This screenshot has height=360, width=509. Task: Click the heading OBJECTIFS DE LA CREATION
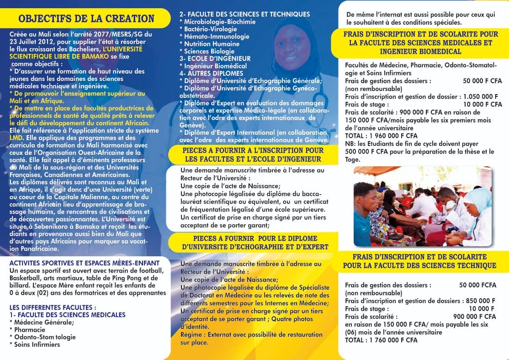point(86,19)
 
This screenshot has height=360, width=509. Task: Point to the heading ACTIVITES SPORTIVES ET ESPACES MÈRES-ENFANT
point(85,263)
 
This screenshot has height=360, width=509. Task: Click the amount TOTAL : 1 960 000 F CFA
point(381,136)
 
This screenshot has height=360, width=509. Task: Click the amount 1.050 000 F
point(480,96)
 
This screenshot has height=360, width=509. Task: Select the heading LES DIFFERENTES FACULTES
point(53,307)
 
